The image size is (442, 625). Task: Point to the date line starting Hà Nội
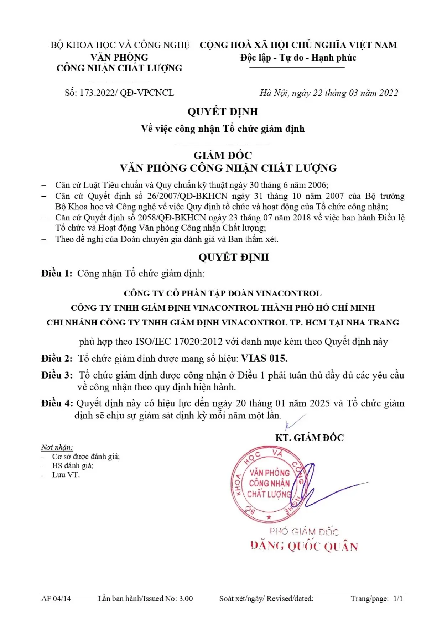(x=328, y=93)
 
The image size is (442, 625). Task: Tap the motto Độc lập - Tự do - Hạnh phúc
(x=298, y=58)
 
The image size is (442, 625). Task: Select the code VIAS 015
(x=264, y=358)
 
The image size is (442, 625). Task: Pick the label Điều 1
(x=57, y=274)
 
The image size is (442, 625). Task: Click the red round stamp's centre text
(x=270, y=483)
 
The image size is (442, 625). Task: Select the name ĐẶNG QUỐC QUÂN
(x=304, y=546)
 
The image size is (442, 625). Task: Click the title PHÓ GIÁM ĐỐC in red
(x=304, y=532)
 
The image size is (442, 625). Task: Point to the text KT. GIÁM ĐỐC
(x=310, y=438)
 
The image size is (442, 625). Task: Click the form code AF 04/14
(x=56, y=599)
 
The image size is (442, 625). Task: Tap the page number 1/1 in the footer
(x=398, y=599)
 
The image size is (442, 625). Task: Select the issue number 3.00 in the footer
(x=186, y=599)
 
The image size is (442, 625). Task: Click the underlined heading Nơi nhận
(x=57, y=448)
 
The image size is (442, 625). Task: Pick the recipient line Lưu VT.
(x=66, y=475)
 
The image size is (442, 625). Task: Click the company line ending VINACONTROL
(x=223, y=293)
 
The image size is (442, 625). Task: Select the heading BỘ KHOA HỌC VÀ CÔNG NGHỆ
(x=120, y=45)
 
